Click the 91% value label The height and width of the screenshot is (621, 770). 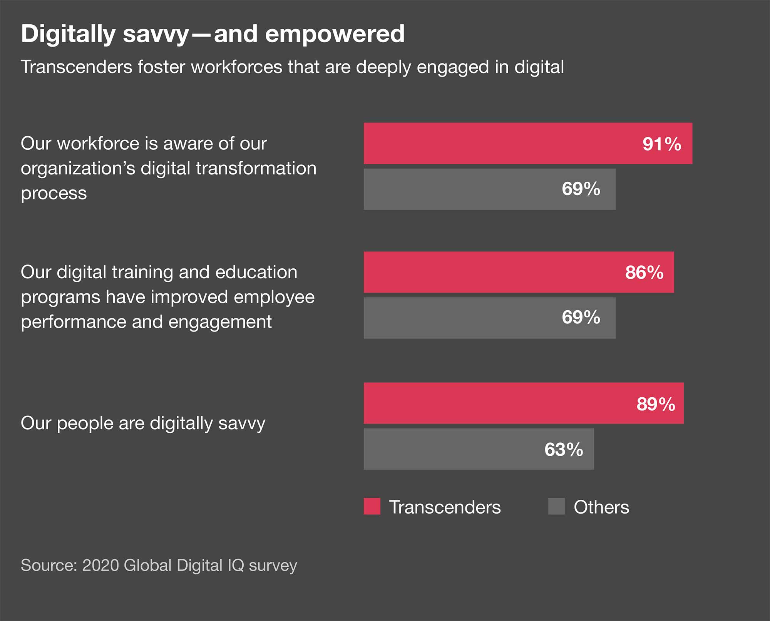[x=661, y=144]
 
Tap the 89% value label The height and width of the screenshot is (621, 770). [x=656, y=404]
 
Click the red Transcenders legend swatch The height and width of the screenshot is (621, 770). [x=372, y=506]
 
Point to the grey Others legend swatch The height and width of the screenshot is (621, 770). [x=556, y=506]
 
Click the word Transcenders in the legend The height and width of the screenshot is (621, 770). [x=445, y=507]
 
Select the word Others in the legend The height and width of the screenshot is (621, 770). [x=601, y=507]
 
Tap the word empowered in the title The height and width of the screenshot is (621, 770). [x=335, y=34]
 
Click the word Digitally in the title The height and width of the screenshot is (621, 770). [x=68, y=35]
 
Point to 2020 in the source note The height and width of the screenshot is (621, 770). [x=100, y=565]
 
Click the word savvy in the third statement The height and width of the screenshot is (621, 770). [x=241, y=423]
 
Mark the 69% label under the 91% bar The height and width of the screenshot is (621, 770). [x=581, y=189]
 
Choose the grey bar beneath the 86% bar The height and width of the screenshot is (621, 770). [x=462, y=318]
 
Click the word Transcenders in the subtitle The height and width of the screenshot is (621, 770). [x=76, y=67]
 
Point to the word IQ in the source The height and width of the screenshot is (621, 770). [x=236, y=565]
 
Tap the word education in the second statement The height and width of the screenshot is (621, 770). [x=256, y=272]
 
